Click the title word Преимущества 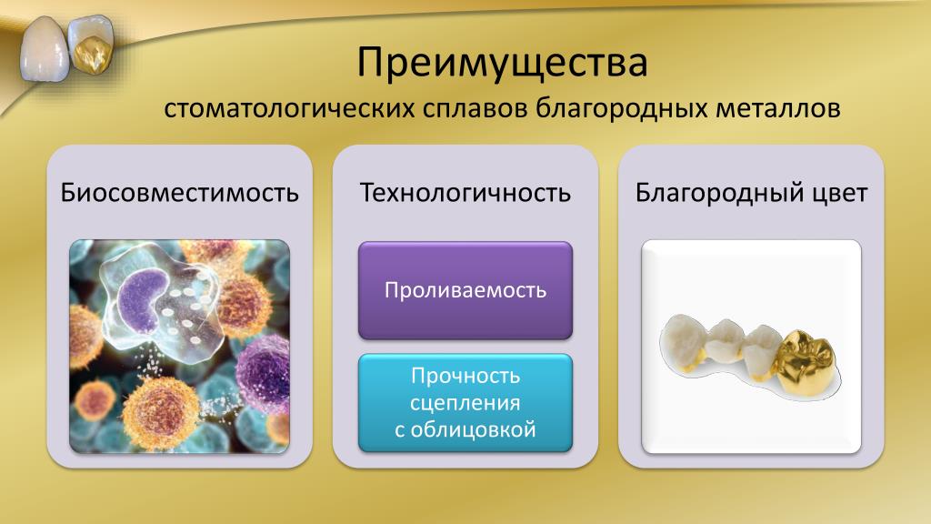[502, 63]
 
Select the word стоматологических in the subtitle [288, 109]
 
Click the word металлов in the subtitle [778, 109]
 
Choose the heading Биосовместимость [179, 193]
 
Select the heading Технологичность [465, 193]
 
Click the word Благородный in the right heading [711, 193]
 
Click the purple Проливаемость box [465, 290]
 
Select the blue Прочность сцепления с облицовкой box [465, 403]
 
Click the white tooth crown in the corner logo [44, 50]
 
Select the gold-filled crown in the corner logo [92, 44]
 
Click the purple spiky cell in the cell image [263, 372]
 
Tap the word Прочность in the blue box [465, 376]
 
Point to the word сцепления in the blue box [465, 403]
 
